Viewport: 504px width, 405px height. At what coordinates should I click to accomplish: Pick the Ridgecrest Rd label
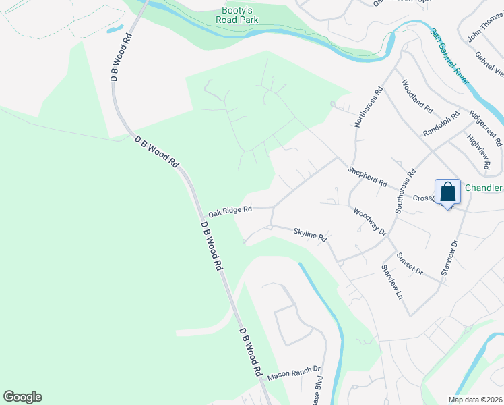[486, 128]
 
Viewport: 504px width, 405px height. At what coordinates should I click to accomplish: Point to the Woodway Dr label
[369, 221]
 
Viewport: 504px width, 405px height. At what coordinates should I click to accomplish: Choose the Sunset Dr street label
[409, 263]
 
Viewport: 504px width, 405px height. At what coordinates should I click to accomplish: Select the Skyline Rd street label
[310, 236]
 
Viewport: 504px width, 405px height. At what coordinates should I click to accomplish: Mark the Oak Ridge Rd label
[230, 211]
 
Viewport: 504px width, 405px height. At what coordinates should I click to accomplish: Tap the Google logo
[22, 397]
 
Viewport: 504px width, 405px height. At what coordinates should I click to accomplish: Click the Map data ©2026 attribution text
[474, 400]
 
